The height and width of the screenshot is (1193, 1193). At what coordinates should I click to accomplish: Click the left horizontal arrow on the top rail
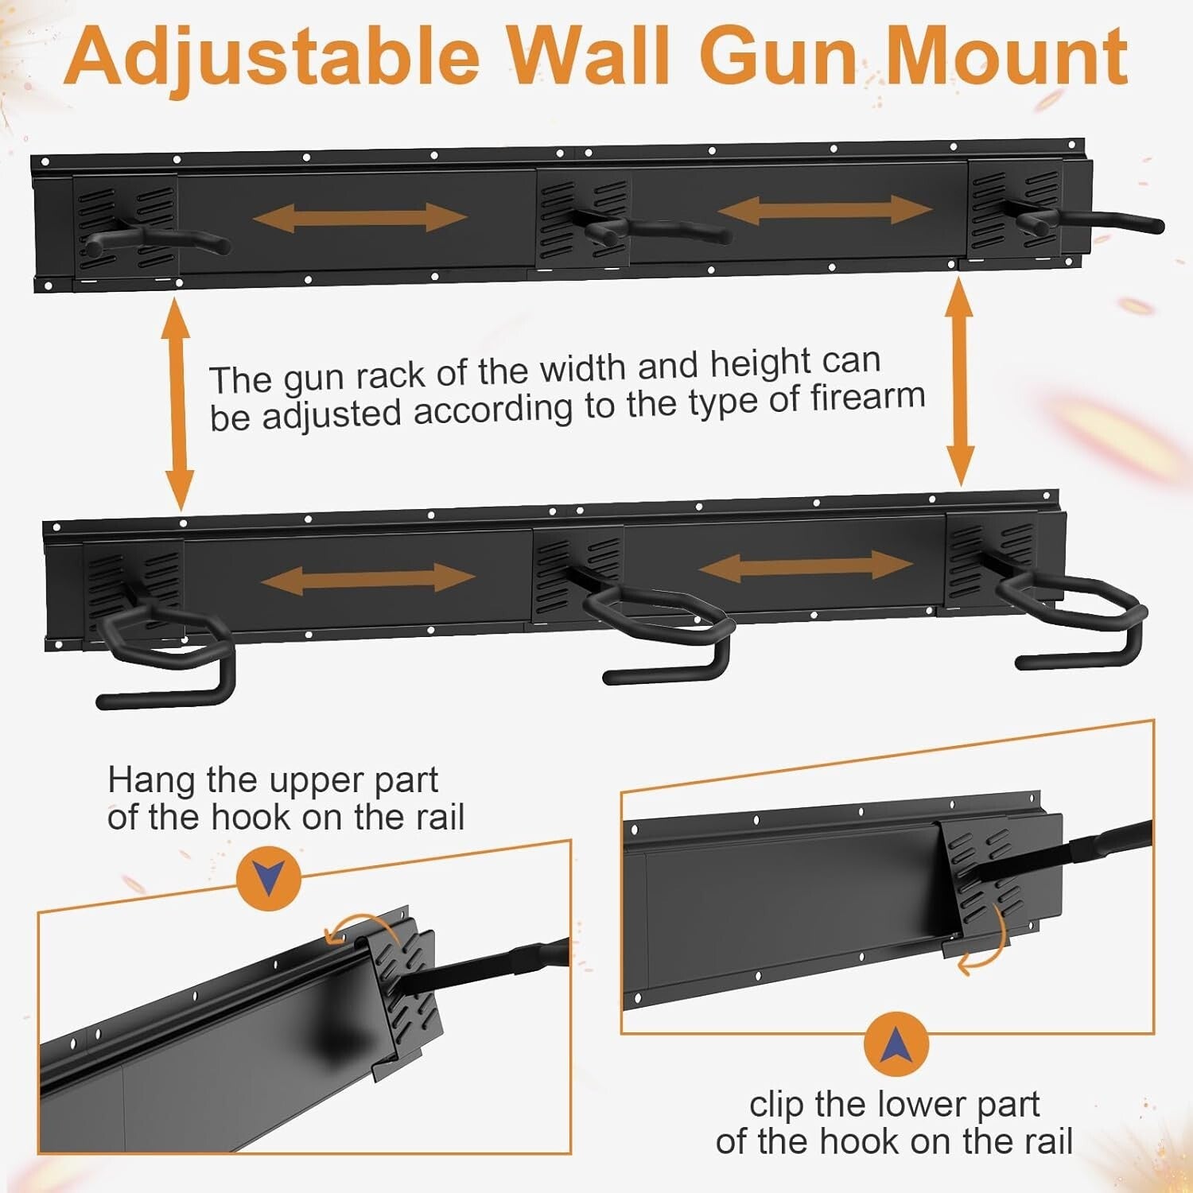tap(359, 217)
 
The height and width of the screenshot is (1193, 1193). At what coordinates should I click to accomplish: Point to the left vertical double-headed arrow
tap(177, 404)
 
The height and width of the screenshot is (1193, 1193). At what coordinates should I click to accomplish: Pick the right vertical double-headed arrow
tap(960, 382)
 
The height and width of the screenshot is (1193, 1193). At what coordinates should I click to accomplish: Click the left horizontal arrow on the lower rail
tap(367, 578)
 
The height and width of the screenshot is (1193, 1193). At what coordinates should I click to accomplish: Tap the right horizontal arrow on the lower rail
tap(806, 565)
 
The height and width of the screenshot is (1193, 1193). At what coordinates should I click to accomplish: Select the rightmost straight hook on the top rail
tap(1090, 221)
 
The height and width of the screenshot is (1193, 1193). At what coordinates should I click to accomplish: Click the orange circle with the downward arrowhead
tap(269, 878)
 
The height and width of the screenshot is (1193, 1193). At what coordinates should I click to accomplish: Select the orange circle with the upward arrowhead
tap(896, 1044)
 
